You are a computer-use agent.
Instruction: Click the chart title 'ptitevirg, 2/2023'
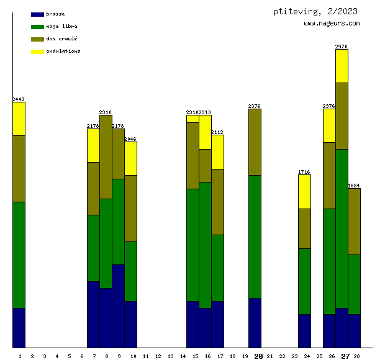(x=315, y=11)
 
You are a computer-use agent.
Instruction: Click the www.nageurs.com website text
(x=332, y=24)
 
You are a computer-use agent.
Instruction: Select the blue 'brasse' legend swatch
(x=37, y=14)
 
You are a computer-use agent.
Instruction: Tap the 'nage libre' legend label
(x=61, y=26)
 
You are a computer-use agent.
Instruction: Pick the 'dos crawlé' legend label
(x=61, y=38)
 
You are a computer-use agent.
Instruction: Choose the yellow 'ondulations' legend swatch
(x=37, y=51)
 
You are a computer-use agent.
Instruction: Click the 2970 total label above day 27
(x=342, y=46)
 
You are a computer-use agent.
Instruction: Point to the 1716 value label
(x=304, y=172)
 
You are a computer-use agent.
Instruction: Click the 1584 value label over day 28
(x=354, y=186)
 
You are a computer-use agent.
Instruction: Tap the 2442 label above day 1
(x=19, y=99)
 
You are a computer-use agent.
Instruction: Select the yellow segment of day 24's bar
(x=304, y=192)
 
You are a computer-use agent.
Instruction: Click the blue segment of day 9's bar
(x=118, y=306)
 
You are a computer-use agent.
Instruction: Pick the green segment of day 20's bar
(x=255, y=236)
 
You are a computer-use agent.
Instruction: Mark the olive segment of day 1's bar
(x=19, y=169)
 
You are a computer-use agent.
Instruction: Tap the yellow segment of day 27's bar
(x=342, y=66)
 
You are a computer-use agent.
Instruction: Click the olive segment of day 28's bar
(x=354, y=222)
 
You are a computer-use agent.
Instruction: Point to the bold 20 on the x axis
(x=258, y=356)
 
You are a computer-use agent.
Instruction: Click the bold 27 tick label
(x=345, y=356)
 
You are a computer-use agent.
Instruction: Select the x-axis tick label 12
(x=158, y=356)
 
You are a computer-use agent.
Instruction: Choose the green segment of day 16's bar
(x=205, y=245)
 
